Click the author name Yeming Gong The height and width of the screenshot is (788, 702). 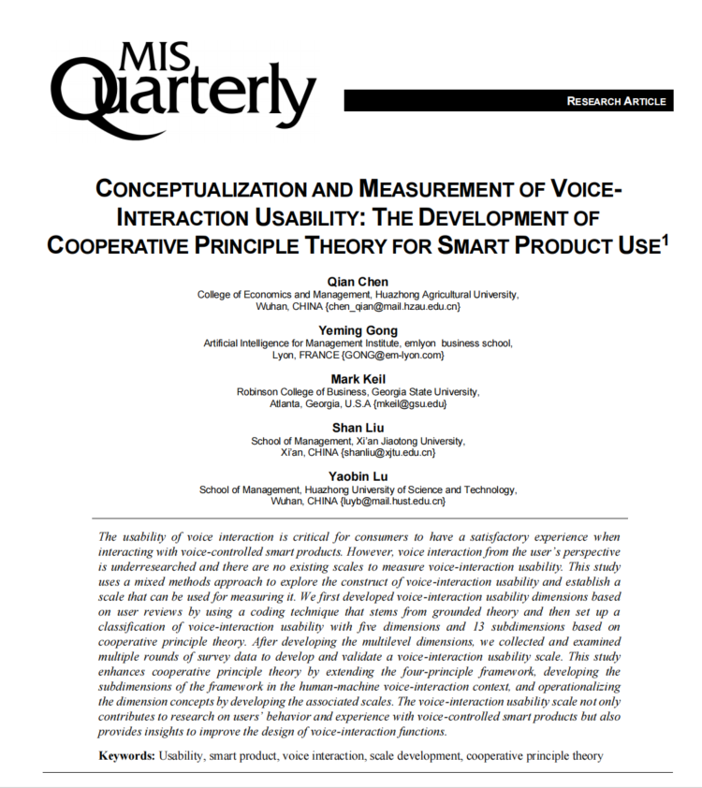click(x=358, y=330)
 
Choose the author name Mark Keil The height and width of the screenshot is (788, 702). click(x=358, y=379)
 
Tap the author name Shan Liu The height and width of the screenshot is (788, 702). click(x=358, y=428)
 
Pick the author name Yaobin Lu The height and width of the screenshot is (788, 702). click(x=358, y=476)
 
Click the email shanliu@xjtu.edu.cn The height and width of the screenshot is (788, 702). click(x=388, y=453)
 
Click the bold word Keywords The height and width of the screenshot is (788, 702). click(x=127, y=755)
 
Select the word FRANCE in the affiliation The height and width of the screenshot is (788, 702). click(x=320, y=356)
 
